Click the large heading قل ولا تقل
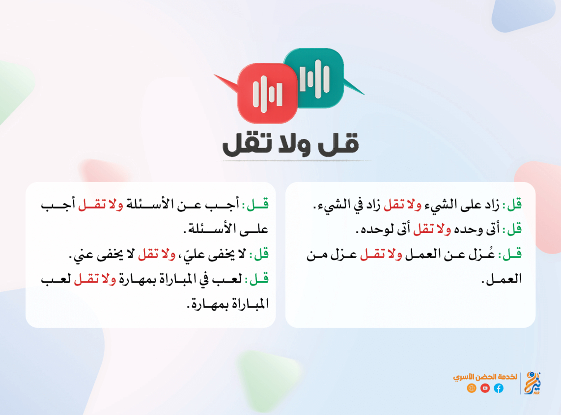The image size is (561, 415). [290, 144]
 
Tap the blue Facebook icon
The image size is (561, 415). [499, 388]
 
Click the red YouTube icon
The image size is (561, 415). [485, 388]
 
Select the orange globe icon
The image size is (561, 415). [472, 388]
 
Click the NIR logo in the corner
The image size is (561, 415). [532, 383]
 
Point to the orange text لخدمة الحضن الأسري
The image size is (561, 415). [485, 377]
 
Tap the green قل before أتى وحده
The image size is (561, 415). [512, 229]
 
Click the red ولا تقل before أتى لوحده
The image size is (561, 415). [432, 229]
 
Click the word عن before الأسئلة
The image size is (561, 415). [194, 205]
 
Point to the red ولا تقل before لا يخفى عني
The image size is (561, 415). [157, 254]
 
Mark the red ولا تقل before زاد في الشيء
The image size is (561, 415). [402, 205]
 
